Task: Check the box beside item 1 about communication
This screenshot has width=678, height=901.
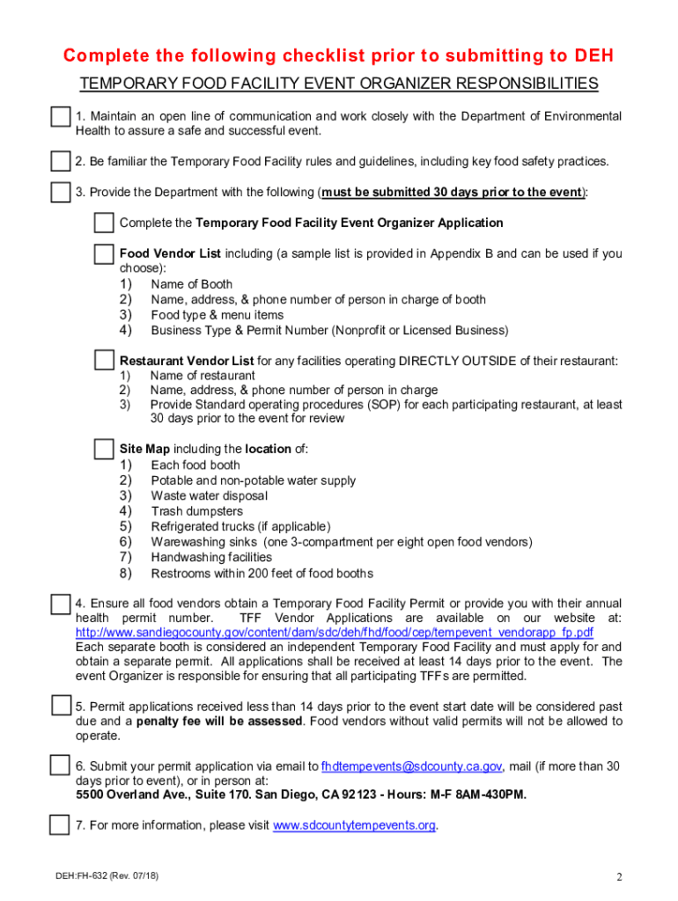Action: point(60,118)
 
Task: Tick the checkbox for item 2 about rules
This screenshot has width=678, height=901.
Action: point(60,162)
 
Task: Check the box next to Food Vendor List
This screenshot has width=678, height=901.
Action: point(104,254)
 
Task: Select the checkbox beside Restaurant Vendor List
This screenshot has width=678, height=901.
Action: point(104,361)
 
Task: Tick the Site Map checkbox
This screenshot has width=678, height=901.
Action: point(104,449)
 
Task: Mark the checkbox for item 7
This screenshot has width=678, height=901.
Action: point(60,825)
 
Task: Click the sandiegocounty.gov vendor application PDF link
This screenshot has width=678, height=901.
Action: point(335,634)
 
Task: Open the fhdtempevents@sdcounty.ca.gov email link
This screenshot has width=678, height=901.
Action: point(411,766)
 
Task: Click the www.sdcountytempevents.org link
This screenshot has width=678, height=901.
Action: point(355,825)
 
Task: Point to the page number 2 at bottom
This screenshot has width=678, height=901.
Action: point(619,877)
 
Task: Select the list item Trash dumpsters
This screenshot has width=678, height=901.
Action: point(197,511)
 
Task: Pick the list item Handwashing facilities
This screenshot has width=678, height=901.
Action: point(211,557)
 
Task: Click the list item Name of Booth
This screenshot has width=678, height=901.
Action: point(192,284)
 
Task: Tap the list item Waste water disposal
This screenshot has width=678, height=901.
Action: point(209,496)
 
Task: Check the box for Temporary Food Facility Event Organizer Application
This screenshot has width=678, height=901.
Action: point(104,223)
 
